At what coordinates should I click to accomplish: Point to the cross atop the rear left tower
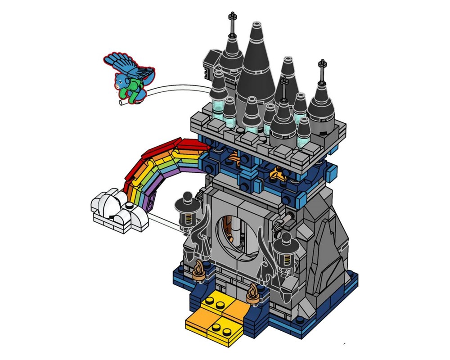[x=232, y=20]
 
